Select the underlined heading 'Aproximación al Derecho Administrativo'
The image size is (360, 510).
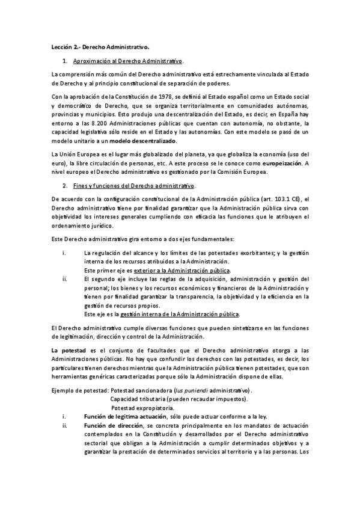pos(128,61)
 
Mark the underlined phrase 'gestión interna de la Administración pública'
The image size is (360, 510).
pos(179,313)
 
